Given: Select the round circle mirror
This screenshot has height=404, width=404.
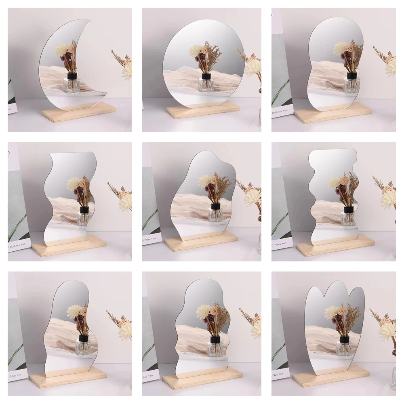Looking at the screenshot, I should pyautogui.click(x=203, y=61).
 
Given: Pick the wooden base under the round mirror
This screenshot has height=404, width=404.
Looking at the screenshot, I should pyautogui.click(x=203, y=109).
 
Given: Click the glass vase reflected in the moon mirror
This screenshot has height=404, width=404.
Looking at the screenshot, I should pyautogui.click(x=72, y=85).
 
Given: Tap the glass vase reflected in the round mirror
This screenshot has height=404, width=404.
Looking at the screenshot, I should pyautogui.click(x=206, y=84).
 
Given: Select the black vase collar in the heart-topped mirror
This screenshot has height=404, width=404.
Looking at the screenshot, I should pyautogui.click(x=344, y=339).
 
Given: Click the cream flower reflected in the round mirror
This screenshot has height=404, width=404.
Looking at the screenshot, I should pyautogui.click(x=195, y=50).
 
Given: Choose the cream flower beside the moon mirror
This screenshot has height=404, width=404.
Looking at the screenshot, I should pyautogui.click(x=127, y=70).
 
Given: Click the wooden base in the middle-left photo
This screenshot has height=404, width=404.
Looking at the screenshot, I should pyautogui.click(x=69, y=246).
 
